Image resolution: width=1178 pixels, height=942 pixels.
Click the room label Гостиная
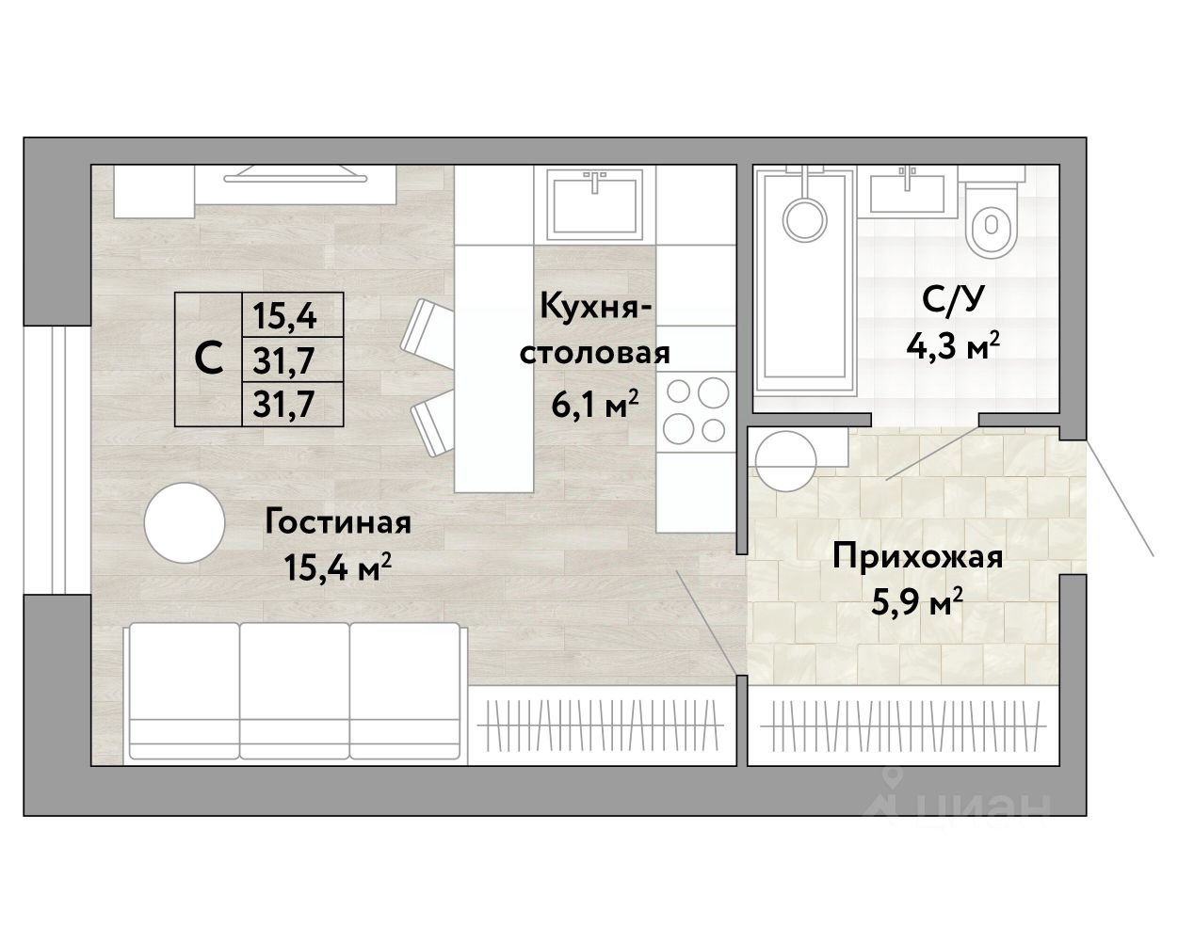point(338,523)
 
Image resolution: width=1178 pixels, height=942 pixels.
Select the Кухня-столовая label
point(595,330)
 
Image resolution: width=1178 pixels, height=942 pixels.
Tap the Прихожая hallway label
point(918,558)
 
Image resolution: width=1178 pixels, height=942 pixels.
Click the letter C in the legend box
point(208,359)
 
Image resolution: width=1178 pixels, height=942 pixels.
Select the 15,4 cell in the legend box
point(284,316)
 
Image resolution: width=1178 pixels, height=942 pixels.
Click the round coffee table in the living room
point(185,522)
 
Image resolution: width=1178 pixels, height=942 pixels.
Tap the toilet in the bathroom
point(992,218)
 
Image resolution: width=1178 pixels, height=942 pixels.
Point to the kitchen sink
point(595,204)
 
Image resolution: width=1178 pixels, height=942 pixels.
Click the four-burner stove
point(696,409)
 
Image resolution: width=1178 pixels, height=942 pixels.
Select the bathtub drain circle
point(804,219)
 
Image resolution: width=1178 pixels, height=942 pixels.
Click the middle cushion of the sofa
point(295,691)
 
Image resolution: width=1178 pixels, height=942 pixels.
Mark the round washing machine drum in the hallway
point(785,460)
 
